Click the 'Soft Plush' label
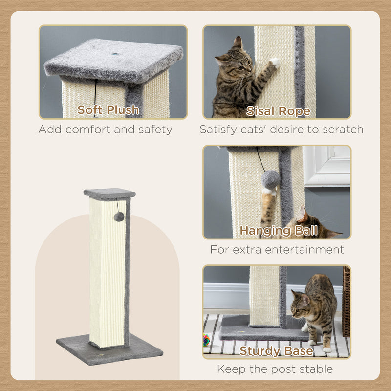coord(108,110)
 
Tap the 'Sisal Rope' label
coord(278,111)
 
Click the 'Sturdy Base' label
coord(276,350)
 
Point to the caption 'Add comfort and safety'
coord(106,130)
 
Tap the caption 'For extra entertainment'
coord(277,250)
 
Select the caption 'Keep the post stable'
coord(275,369)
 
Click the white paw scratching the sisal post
coord(275,62)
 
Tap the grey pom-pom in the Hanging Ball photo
coord(271,179)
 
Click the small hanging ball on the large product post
coord(119,217)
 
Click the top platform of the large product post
coord(109,193)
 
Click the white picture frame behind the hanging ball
coord(326,166)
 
